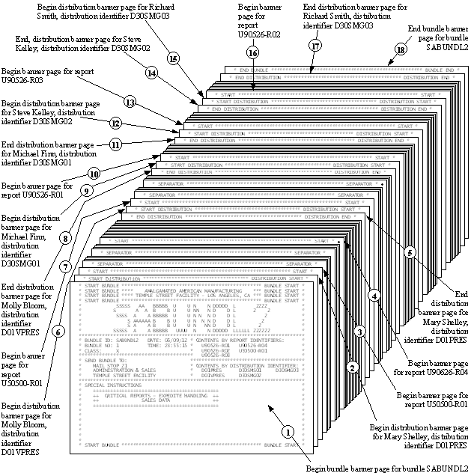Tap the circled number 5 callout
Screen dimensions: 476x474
click(x=410, y=252)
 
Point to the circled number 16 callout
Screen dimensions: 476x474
click(x=252, y=53)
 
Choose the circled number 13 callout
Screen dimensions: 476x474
click(x=130, y=102)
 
